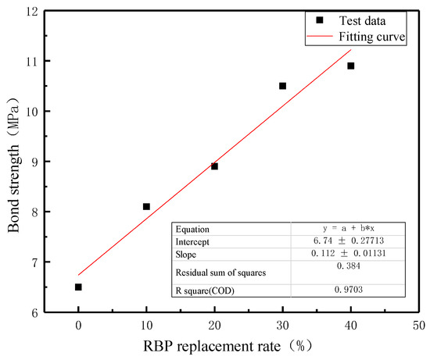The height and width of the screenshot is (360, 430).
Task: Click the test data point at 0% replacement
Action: [x=78, y=287]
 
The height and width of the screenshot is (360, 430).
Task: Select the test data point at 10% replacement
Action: [x=146, y=206]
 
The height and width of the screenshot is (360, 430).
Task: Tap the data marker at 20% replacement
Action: [x=214, y=166]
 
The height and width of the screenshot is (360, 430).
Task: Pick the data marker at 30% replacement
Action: [x=282, y=86]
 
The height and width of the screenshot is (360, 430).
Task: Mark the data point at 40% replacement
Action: [x=350, y=66]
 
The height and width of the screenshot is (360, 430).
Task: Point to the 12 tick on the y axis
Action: [x=30, y=11]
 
